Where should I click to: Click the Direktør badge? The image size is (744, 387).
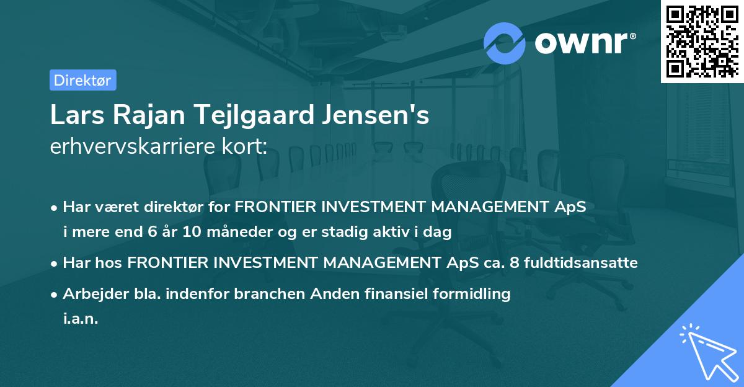(x=82, y=80)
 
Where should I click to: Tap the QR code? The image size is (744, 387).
(x=701, y=42)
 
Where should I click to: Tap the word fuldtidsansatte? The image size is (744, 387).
(x=581, y=263)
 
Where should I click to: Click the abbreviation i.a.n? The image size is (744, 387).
(x=81, y=319)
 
